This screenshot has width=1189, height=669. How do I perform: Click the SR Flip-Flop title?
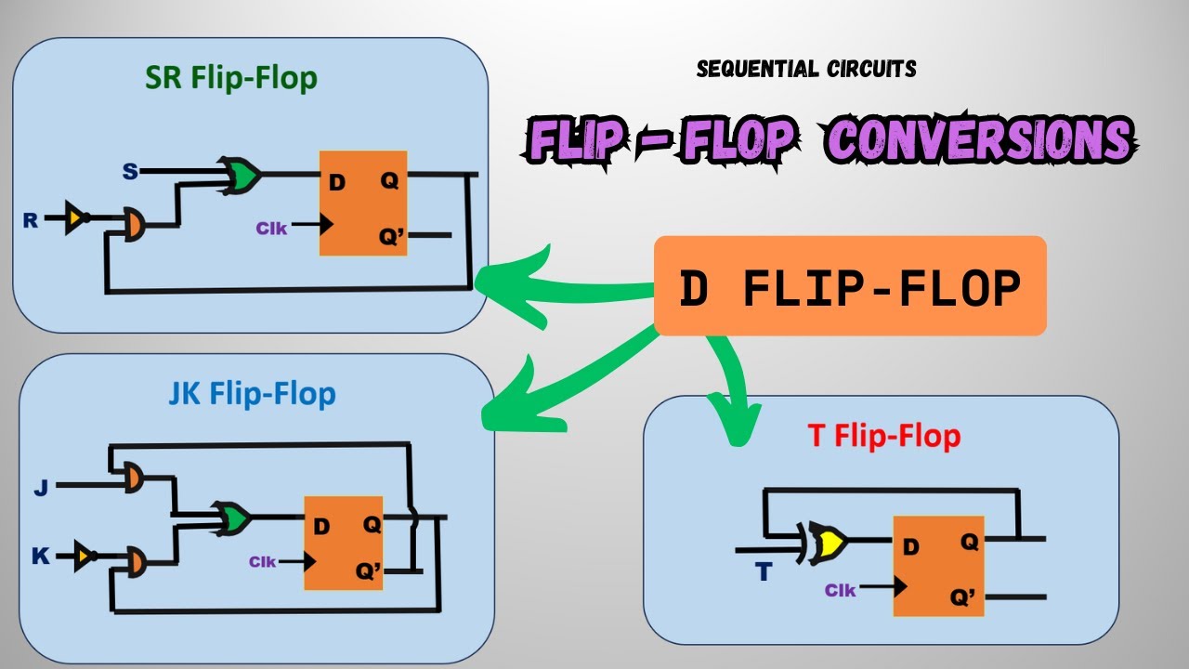(x=231, y=79)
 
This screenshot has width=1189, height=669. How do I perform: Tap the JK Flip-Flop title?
(x=252, y=394)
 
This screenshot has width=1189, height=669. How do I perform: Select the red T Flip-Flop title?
(x=883, y=436)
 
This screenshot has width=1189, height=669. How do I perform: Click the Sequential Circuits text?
(x=806, y=69)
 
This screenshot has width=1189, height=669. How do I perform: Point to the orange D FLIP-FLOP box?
(x=850, y=285)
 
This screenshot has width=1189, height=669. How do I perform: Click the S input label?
(x=130, y=172)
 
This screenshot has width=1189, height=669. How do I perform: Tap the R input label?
(x=31, y=220)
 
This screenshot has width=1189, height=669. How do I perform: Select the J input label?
(x=41, y=487)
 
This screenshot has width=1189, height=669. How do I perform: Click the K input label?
(x=40, y=556)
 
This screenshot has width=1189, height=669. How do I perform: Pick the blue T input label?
(x=764, y=571)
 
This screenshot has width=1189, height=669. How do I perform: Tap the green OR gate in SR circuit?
(x=241, y=176)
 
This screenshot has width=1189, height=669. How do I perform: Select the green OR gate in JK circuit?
(x=231, y=518)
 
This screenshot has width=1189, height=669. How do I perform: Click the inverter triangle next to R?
(x=76, y=217)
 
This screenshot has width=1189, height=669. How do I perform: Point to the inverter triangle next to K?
(x=85, y=556)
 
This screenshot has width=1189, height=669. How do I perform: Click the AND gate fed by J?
(x=133, y=478)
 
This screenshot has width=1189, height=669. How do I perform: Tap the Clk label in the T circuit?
(x=841, y=590)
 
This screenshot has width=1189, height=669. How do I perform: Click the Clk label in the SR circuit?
(x=271, y=229)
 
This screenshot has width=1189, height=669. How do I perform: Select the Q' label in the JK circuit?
(x=369, y=571)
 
